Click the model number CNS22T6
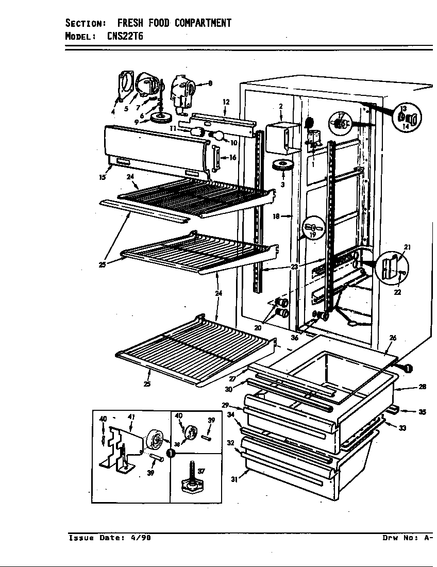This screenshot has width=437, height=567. pyautogui.click(x=126, y=36)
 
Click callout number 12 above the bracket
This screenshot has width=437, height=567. pyautogui.click(x=225, y=102)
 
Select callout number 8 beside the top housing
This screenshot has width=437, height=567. pyautogui.click(x=210, y=84)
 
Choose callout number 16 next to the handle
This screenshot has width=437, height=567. pyautogui.click(x=232, y=158)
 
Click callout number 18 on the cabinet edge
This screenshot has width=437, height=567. pyautogui.click(x=276, y=216)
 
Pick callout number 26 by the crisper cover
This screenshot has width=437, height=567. pyautogui.click(x=393, y=338)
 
